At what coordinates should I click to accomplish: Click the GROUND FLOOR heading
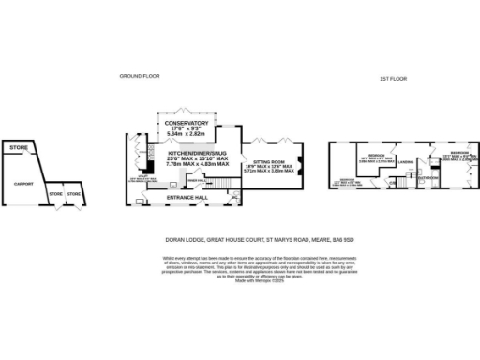tap(137, 75)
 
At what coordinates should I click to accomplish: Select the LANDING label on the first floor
tap(405, 162)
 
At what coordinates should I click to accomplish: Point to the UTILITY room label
tap(144, 173)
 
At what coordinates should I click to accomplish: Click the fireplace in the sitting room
tap(299, 170)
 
